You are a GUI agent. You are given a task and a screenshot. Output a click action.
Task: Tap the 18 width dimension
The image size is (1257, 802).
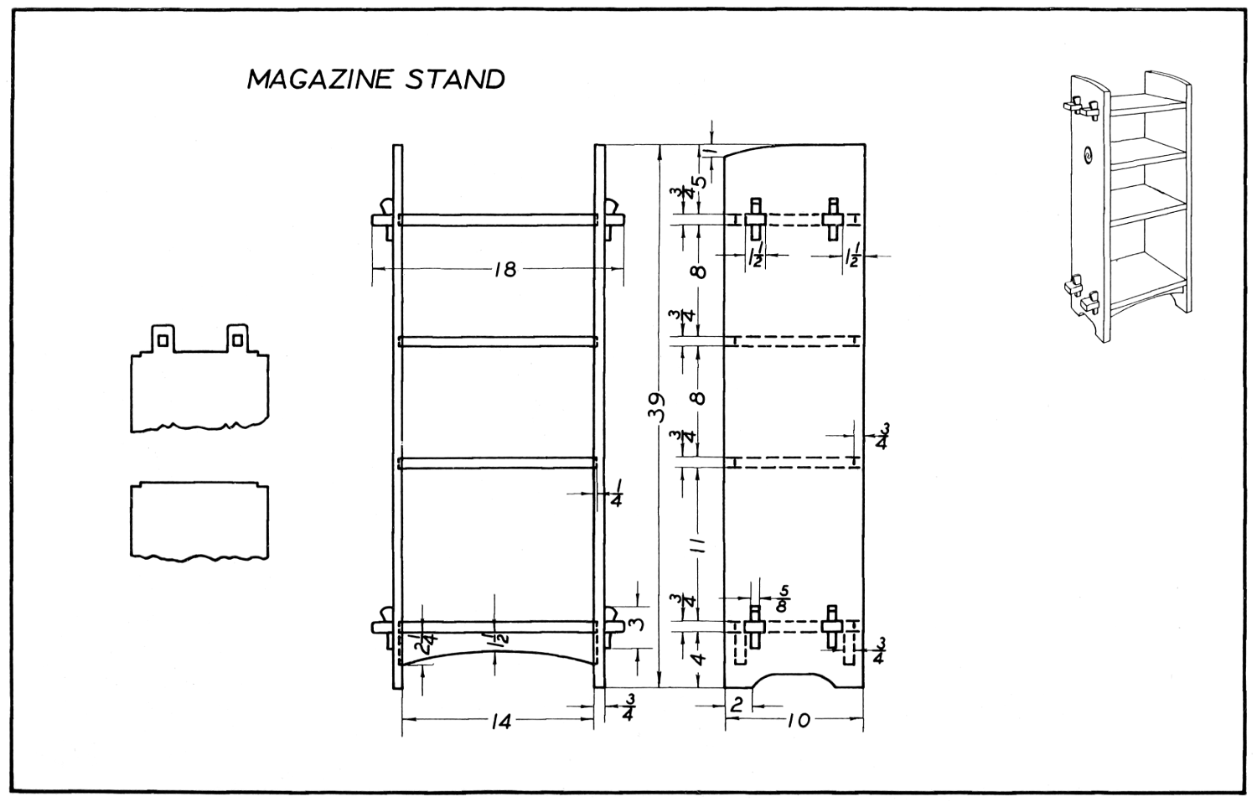504,269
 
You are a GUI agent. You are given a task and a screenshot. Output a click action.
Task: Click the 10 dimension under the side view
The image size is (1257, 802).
799,720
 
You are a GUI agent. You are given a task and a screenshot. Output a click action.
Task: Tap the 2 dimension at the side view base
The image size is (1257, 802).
737,706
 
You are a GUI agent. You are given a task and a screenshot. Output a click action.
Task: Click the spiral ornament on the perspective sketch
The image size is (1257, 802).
1088,154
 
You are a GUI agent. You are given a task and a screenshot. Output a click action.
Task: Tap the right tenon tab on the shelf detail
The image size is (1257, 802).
238,337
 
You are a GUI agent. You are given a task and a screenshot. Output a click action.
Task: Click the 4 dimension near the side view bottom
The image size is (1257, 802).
699,656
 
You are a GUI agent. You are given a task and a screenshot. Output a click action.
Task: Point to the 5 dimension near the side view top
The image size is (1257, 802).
699,181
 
